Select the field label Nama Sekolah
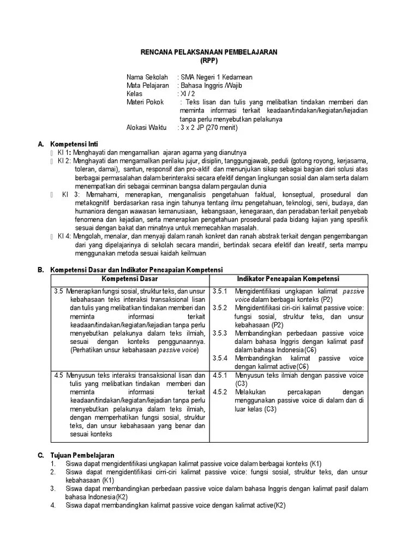(x=147, y=78)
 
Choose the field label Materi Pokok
(x=145, y=102)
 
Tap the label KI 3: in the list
(x=71, y=194)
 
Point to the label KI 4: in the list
(x=65, y=235)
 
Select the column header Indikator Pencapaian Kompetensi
(x=288, y=278)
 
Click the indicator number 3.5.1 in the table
(x=220, y=292)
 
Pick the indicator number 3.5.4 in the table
(x=220, y=358)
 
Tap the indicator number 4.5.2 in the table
(x=220, y=392)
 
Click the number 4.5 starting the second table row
(x=59, y=376)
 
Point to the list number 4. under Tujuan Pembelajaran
(x=53, y=505)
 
